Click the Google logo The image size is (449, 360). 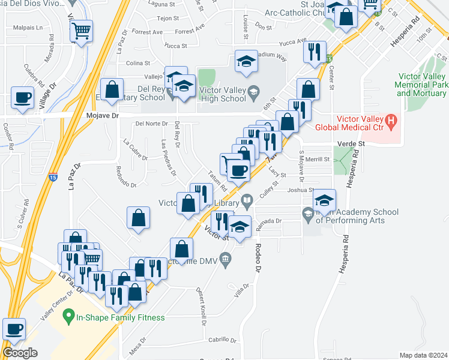[20, 353]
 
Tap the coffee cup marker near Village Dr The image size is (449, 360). [23, 98]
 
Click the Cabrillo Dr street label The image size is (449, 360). [223, 340]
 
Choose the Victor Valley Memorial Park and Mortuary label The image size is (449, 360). [423, 85]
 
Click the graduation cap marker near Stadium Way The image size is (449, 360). [246, 62]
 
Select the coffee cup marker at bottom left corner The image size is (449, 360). [14, 329]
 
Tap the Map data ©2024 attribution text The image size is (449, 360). [423, 355]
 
